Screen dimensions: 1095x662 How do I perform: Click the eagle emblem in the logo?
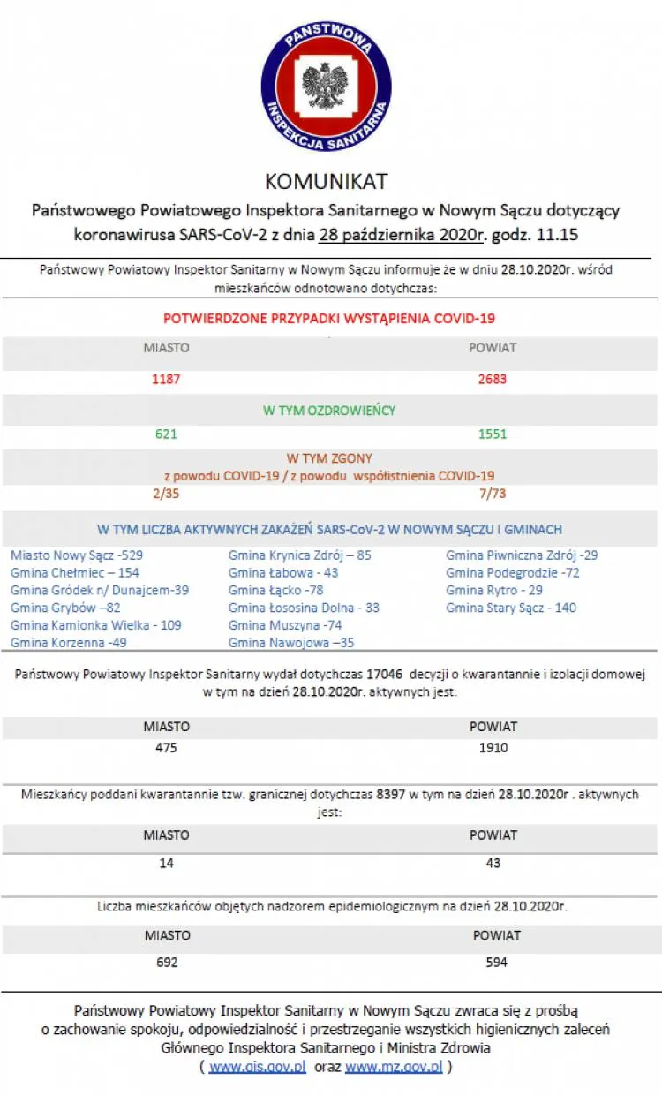coord(326,86)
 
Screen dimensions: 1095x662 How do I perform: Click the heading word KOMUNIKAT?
coord(327,181)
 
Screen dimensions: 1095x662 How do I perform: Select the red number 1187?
coord(166,380)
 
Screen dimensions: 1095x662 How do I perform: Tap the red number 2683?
coord(493,380)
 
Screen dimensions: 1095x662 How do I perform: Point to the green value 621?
coord(166,434)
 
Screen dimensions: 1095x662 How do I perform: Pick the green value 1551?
coord(493,434)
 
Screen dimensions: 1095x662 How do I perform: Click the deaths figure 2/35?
coord(166,493)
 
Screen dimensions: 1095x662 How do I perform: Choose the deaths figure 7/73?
coord(493,493)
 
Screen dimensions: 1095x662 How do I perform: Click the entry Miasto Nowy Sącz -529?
coord(77,555)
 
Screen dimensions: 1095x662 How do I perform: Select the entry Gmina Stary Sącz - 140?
coord(511,608)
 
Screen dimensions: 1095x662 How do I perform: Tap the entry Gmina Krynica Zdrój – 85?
coord(299,555)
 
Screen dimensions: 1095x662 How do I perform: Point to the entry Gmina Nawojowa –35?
coord(291,643)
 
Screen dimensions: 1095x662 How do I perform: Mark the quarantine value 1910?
coord(493,748)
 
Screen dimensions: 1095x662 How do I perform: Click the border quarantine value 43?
coord(493,863)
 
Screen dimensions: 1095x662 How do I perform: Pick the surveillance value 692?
coord(166,962)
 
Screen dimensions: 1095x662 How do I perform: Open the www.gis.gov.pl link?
coord(258,1067)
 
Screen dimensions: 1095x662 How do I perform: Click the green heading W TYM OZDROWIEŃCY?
coord(329,411)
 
